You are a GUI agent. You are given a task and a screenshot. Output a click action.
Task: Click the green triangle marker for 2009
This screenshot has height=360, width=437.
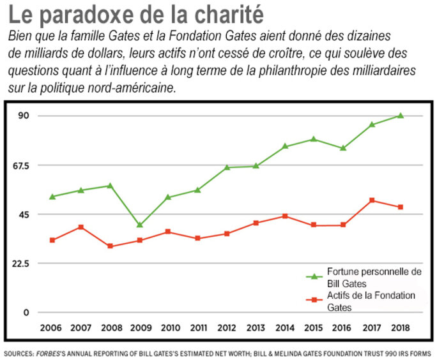tap(139, 225)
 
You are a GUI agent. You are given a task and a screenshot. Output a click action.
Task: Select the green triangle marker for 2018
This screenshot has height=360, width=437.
tap(401, 116)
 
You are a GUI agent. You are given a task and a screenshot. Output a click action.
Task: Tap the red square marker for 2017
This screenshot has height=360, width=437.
tap(372, 200)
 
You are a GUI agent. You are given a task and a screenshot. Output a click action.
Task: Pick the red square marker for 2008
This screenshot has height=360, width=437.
tap(110, 246)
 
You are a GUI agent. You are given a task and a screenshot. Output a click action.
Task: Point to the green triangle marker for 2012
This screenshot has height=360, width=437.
tap(227, 167)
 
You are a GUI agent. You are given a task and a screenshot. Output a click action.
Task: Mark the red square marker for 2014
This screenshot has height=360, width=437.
tap(284, 216)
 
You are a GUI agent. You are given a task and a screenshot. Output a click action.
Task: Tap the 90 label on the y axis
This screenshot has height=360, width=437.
tap(24, 116)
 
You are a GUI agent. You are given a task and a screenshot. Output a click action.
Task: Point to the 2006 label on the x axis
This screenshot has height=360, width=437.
tap(52, 327)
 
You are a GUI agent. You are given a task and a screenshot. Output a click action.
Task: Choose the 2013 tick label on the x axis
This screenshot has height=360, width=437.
tap(255, 327)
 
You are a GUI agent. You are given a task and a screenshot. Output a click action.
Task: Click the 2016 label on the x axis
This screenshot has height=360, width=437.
tap(342, 327)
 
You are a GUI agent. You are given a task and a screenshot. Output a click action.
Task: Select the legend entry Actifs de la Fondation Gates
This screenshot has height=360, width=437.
tap(371, 301)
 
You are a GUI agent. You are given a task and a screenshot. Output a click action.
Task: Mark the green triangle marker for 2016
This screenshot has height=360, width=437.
tap(342, 148)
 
